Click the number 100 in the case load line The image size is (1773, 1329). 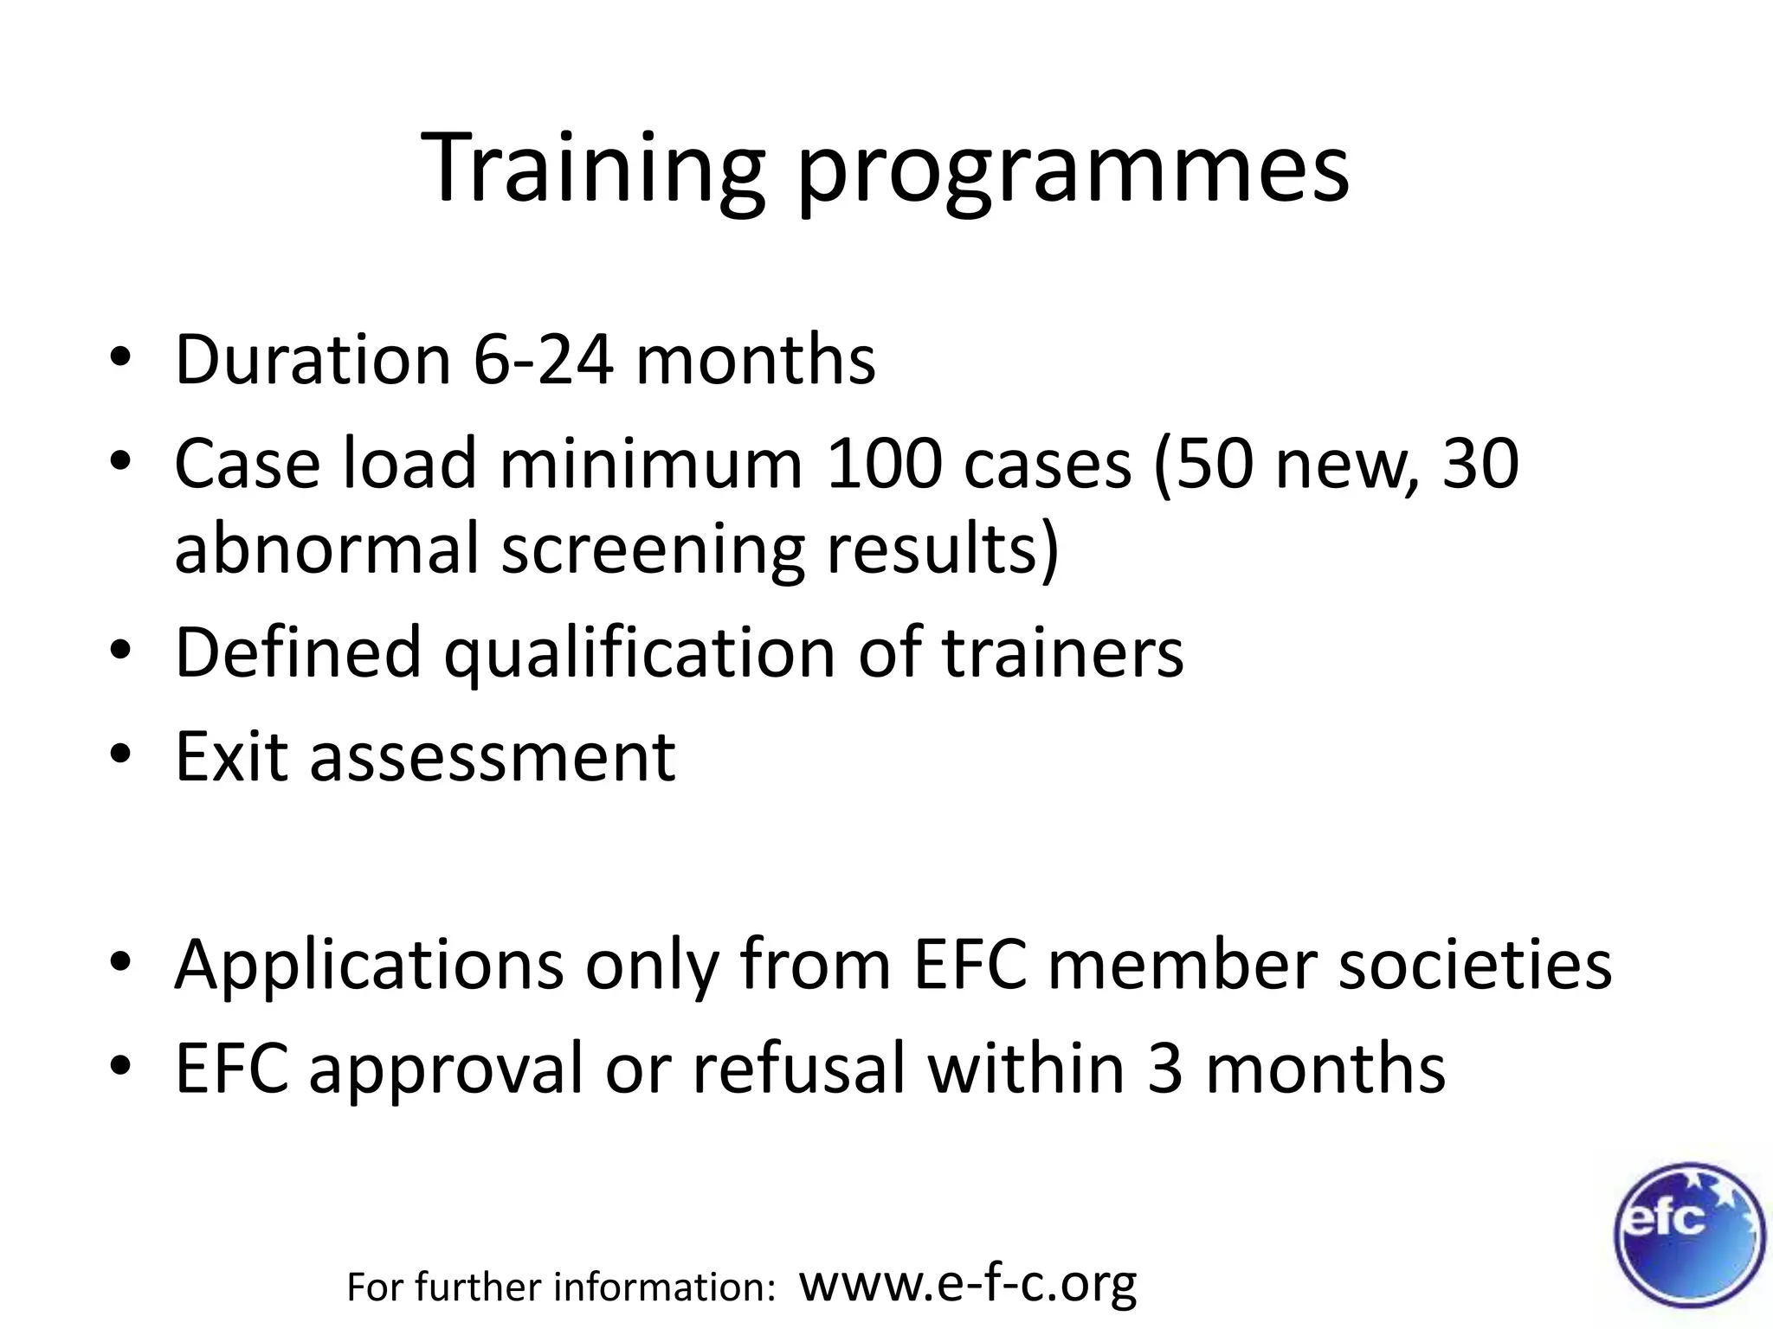pos(882,463)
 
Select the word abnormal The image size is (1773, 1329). pos(326,549)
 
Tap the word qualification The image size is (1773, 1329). pos(640,655)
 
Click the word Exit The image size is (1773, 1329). pos(231,756)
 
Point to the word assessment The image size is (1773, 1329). pos(493,758)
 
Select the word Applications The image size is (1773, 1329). pos(369,965)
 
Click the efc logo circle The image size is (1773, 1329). pos(1688,1235)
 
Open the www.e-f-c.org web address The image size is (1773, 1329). pos(967,1284)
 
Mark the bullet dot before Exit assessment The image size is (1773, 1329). pos(120,754)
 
